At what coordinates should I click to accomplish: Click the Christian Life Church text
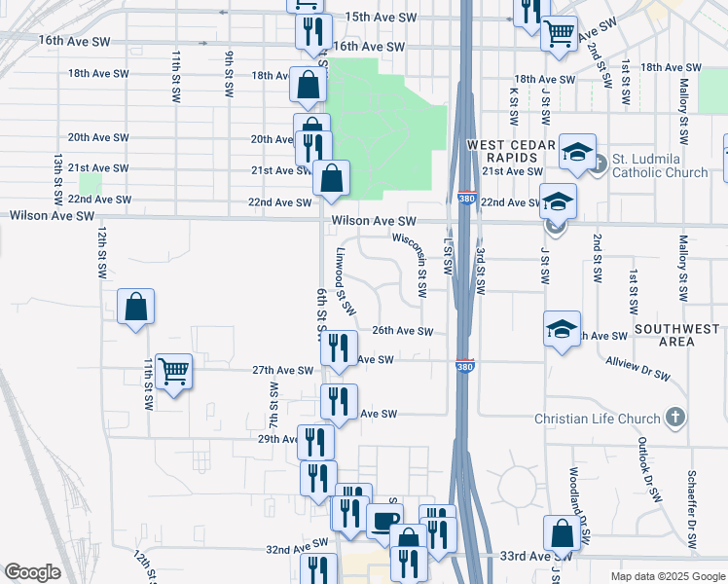(x=598, y=420)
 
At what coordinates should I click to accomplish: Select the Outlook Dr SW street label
(x=643, y=457)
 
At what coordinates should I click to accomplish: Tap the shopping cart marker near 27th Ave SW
(x=173, y=371)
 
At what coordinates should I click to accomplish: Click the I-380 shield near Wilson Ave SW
(x=466, y=199)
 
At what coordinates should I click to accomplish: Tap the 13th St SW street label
(x=58, y=174)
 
